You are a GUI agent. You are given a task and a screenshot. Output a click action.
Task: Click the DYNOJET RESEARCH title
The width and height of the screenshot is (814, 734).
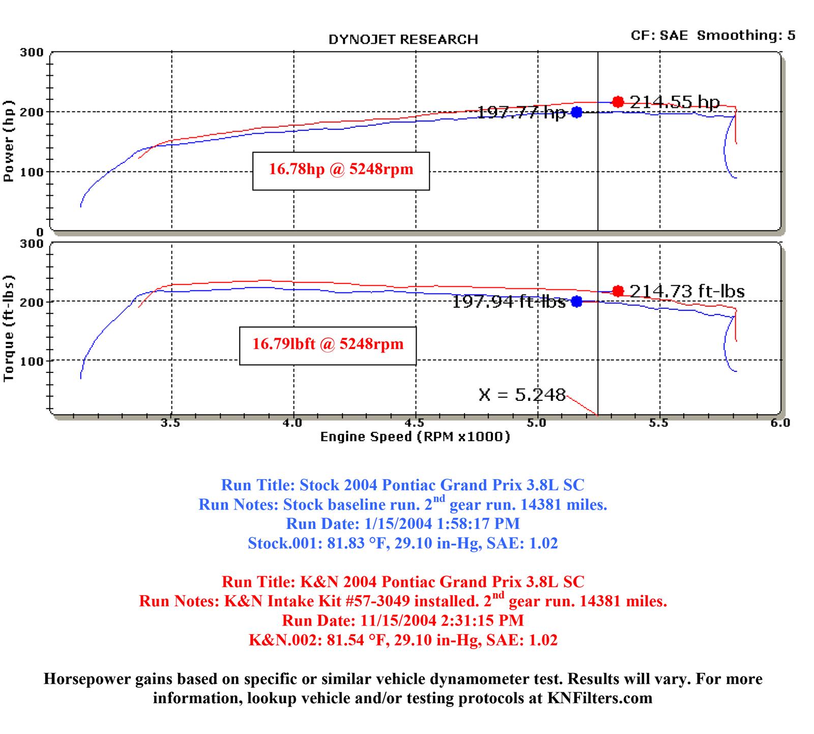(x=403, y=40)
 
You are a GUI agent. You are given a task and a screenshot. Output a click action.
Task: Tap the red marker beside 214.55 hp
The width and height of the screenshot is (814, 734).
(x=618, y=102)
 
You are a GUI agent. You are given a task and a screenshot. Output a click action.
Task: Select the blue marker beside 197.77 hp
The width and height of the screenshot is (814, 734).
(x=576, y=112)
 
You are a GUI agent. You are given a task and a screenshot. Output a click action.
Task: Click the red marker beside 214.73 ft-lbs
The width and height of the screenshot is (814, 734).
(x=618, y=291)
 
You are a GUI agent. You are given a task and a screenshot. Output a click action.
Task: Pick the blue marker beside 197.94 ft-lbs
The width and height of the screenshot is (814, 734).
(x=576, y=302)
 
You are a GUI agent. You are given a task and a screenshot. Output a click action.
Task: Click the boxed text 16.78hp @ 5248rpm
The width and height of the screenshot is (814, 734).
(x=341, y=170)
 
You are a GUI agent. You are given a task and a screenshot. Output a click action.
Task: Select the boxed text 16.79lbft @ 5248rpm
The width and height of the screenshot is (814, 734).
(x=328, y=344)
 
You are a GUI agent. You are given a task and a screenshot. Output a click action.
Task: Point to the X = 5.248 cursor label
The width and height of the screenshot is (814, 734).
(x=522, y=395)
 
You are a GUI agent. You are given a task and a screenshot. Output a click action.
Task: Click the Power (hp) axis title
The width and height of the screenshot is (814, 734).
(x=9, y=141)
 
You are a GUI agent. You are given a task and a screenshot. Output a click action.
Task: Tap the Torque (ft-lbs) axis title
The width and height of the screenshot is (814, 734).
(x=9, y=328)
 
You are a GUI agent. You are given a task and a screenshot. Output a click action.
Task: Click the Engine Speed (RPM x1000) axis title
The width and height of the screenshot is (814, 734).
(x=415, y=436)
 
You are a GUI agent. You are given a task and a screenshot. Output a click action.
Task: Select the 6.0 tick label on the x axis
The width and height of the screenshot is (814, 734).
(x=780, y=423)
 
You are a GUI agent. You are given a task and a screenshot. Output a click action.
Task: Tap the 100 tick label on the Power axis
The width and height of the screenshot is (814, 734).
(x=32, y=172)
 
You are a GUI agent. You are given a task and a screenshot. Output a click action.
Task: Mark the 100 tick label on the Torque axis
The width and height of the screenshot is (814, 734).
(x=32, y=361)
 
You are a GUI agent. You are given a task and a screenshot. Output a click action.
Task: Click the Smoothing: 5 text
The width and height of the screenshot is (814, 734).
(x=746, y=36)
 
